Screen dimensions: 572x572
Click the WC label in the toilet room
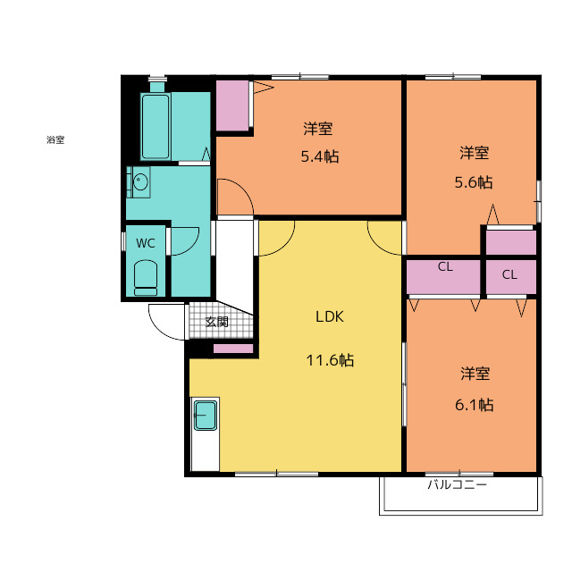145,243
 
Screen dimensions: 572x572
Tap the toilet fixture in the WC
146,278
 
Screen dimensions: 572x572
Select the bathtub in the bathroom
156,126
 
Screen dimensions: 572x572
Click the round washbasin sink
140,181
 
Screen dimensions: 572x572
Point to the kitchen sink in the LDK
206,415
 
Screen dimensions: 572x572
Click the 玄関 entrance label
216,322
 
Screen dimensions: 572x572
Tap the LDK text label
330,316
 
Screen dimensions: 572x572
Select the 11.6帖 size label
330,360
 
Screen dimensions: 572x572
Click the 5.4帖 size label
320,156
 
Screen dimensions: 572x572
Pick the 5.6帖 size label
473,182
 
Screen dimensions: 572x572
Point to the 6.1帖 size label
474,405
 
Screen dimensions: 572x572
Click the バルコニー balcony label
457,484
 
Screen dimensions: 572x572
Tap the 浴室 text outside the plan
55,139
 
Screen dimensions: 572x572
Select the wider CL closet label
445,266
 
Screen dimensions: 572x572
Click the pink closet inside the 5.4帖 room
232,105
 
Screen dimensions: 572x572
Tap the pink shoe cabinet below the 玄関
233,349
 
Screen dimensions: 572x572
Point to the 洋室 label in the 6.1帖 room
475,374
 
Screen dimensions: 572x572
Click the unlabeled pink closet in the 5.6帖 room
511,242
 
